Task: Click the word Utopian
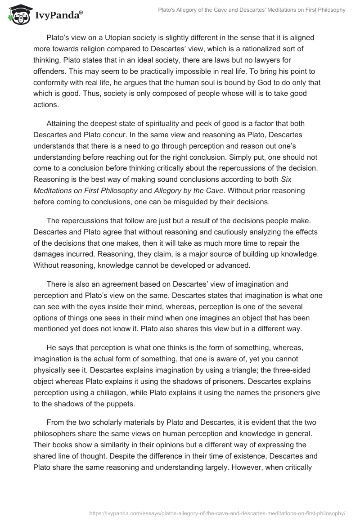pyautogui.click(x=124, y=38)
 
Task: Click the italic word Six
pyautogui.click(x=313, y=179)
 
